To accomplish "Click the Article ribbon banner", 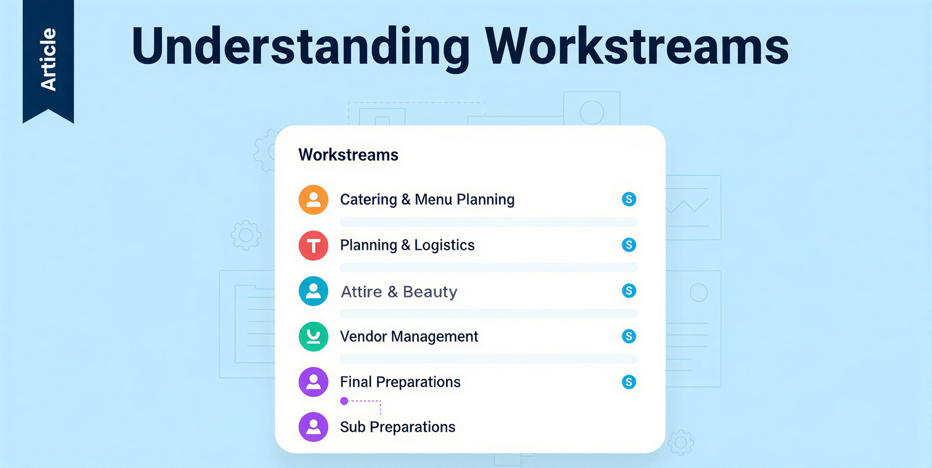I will pos(48,59).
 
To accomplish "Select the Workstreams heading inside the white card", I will pos(348,155).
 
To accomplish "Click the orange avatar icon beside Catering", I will pos(313,200).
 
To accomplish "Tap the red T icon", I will pos(313,245).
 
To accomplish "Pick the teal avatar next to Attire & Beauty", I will pos(313,291).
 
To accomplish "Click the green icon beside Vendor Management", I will pos(313,337).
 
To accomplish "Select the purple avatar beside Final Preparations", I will pos(313,382).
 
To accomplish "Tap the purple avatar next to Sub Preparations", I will pos(313,427).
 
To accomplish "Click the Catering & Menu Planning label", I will pos(427,200).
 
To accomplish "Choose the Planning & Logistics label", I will pos(407,245).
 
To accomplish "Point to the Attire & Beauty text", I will pos(399,291).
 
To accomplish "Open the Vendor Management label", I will pos(409,337).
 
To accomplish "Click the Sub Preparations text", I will pos(398,427).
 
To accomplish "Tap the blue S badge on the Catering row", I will pos(629,199).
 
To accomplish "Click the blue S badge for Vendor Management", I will pos(629,336).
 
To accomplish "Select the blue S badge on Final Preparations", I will pos(629,382).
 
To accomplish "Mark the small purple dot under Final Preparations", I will pos(344,401).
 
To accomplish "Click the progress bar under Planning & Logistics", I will pos(488,267).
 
